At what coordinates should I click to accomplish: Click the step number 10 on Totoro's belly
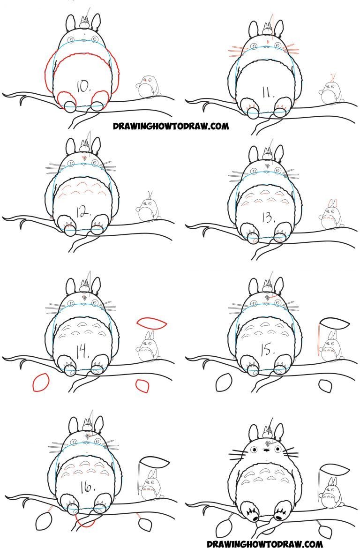[x=83, y=86]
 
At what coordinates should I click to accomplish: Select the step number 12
[x=82, y=211]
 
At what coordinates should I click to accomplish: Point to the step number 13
[x=267, y=218]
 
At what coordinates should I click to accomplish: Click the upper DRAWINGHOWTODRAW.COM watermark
[x=171, y=126]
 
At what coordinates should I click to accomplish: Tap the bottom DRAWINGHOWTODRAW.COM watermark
[x=264, y=543]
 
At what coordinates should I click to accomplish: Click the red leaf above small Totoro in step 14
[x=152, y=323]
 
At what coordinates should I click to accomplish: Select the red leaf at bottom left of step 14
[x=40, y=383]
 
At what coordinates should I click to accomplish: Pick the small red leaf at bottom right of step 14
[x=142, y=386]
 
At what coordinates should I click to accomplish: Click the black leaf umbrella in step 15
[x=334, y=323]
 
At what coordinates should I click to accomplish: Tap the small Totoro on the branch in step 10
[x=148, y=87]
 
